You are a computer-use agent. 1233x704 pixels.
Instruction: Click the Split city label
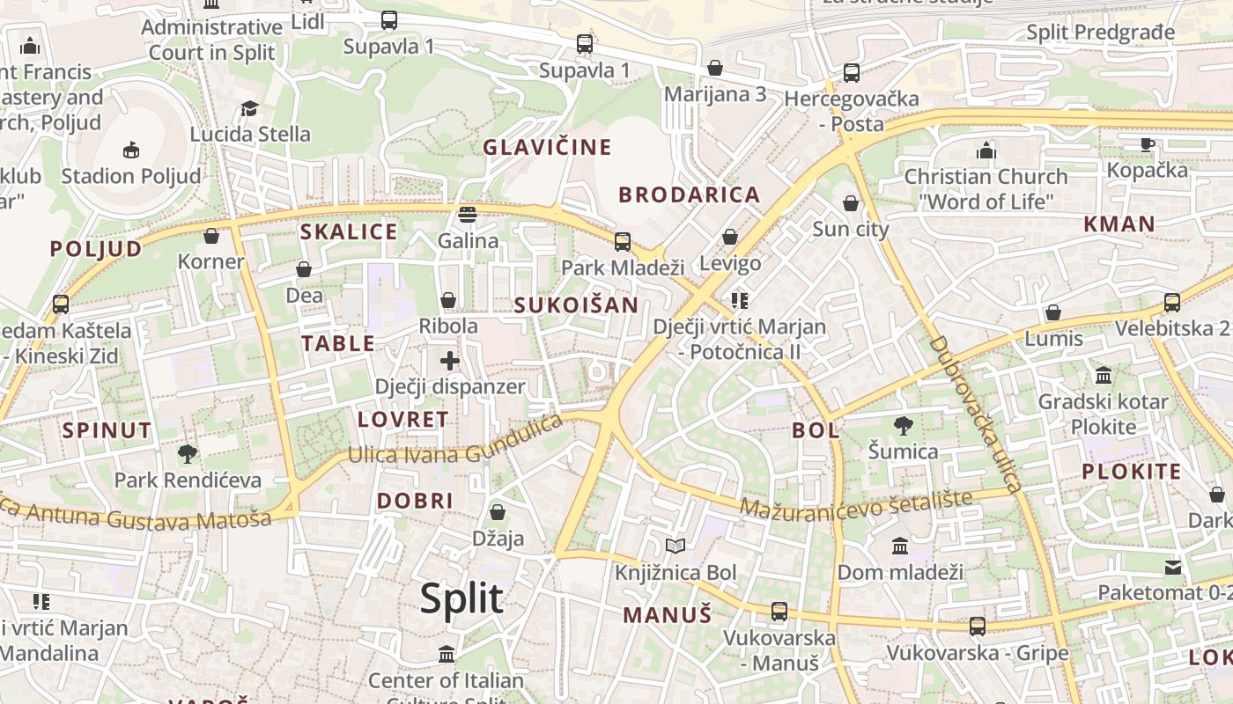(x=461, y=599)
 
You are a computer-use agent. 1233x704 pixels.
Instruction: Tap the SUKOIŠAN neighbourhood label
(x=576, y=305)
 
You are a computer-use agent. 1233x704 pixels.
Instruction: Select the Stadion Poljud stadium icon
(x=131, y=150)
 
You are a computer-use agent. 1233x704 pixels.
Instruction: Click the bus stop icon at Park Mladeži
(x=623, y=241)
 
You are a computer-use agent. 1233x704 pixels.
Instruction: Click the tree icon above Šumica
(x=903, y=427)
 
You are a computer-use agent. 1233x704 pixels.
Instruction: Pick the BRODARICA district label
(x=689, y=195)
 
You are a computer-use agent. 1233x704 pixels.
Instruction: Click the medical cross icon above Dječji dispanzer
(x=450, y=361)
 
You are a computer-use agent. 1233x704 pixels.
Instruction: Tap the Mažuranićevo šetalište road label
(x=856, y=504)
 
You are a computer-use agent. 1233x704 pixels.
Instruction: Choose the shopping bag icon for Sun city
(x=851, y=204)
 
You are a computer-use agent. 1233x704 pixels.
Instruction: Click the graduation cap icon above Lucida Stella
(x=250, y=108)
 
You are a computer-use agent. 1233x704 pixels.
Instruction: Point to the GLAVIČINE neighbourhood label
(x=546, y=147)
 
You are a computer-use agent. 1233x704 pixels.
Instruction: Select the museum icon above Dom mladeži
(x=900, y=546)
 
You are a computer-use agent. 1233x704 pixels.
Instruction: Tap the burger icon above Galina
(x=468, y=215)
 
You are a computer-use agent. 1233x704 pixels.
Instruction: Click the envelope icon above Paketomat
(x=1173, y=568)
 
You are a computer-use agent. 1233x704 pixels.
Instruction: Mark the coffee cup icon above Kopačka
(x=1148, y=144)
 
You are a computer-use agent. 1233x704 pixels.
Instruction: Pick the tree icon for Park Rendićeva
(x=188, y=454)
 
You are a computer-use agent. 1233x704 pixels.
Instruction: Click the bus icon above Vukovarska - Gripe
(x=978, y=627)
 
